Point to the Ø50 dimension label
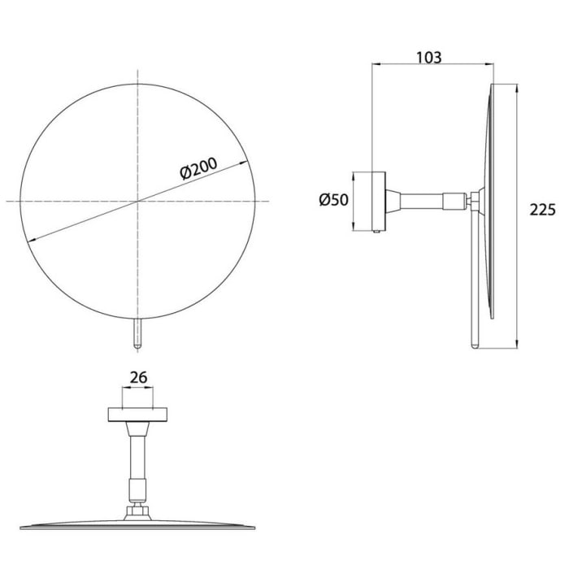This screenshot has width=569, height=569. [x=333, y=199]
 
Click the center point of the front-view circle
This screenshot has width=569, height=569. [x=137, y=200]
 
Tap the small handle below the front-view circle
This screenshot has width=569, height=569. [x=137, y=333]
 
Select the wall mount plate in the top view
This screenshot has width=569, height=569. [x=137, y=414]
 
